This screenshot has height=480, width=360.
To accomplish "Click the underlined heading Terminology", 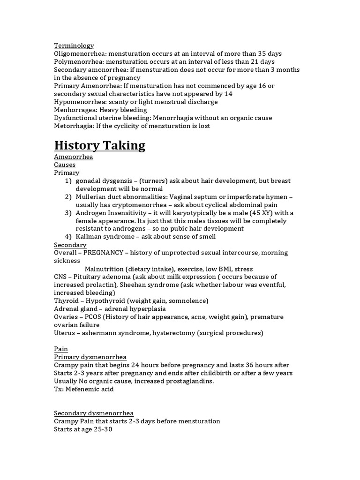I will [74, 45].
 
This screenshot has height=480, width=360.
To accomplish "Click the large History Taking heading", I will [100, 145].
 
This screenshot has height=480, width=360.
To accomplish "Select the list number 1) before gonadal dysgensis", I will [69, 181].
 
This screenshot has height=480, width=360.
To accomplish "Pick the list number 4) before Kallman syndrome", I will [69, 237].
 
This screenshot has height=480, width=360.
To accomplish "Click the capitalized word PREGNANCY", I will [105, 253].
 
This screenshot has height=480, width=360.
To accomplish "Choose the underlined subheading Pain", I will [61, 349].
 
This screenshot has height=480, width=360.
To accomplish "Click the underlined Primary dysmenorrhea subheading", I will [90, 357].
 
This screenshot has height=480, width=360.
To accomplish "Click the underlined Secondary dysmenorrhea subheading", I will [94, 413].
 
